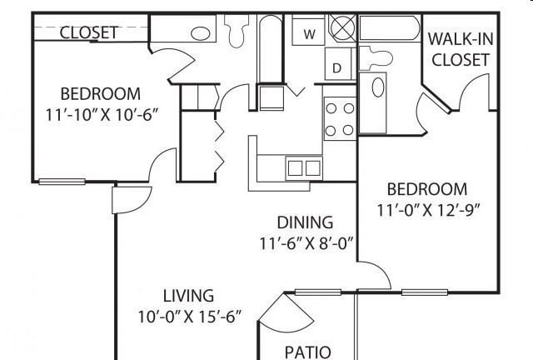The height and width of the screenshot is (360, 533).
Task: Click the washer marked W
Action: (x=308, y=34)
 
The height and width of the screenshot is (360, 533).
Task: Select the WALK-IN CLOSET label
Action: (x=457, y=49)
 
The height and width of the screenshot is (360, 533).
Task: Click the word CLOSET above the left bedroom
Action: (x=89, y=32)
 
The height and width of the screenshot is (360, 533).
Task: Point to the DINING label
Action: (x=305, y=222)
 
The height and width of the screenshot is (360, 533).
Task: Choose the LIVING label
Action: (x=188, y=295)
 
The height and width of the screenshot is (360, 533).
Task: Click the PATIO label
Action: (x=307, y=351)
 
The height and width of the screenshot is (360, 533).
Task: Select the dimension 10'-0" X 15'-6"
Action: (x=189, y=316)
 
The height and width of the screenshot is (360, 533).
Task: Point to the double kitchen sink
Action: (x=303, y=167)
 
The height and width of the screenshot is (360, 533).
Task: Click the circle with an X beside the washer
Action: (x=342, y=28)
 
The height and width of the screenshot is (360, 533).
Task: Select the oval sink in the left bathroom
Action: (x=202, y=33)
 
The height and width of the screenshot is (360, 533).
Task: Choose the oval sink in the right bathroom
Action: (x=378, y=87)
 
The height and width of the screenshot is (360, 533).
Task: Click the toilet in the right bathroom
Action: (x=379, y=56)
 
